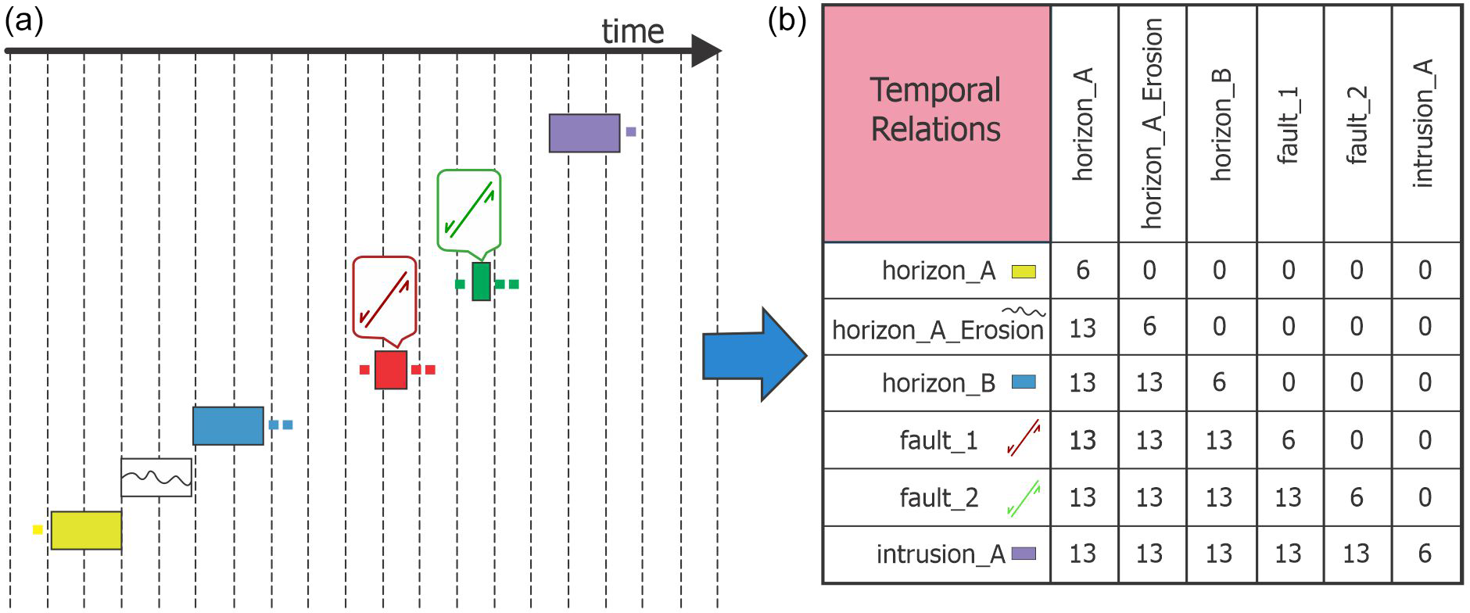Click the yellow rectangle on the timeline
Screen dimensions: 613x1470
coord(86,530)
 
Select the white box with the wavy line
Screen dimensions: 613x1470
coord(156,477)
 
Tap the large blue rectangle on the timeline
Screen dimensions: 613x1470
coord(228,425)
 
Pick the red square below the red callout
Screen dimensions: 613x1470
coord(391,370)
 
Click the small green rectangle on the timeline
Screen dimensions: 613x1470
coord(481,281)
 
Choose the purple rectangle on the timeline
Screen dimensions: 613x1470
coord(584,133)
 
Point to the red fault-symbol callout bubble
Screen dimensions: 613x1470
coord(384,298)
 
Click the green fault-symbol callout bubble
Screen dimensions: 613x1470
coord(468,210)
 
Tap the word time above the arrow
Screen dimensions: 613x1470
coord(633,32)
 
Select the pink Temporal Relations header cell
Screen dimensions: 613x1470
coord(936,124)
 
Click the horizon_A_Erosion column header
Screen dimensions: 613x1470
coord(1152,124)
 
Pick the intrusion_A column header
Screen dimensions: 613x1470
coord(1425,124)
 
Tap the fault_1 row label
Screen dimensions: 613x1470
coord(938,440)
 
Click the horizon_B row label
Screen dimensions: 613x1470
coord(938,383)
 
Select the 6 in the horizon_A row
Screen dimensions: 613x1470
coord(1083,271)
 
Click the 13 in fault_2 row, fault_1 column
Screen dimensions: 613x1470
coord(1288,497)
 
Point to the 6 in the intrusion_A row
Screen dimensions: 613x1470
coord(1425,554)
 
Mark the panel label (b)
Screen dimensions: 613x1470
coord(787,21)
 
